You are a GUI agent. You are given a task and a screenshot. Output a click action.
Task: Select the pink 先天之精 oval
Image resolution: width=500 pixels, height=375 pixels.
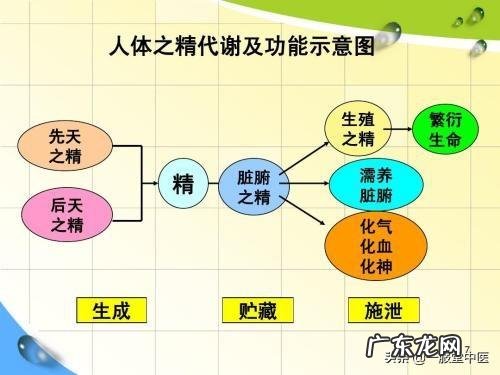point(66,146)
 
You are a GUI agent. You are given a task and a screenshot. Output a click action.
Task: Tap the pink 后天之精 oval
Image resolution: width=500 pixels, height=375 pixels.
point(66,215)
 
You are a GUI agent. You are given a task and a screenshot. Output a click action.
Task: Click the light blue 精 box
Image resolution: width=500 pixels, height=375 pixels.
point(184,185)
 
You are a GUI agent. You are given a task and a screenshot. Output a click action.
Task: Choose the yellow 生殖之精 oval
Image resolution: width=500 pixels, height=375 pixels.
point(357,129)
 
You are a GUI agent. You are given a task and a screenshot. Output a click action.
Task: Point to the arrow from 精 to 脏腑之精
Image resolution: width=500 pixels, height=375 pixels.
point(214,185)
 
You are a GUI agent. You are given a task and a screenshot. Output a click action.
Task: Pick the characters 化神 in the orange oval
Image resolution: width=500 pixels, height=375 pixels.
point(375,265)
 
